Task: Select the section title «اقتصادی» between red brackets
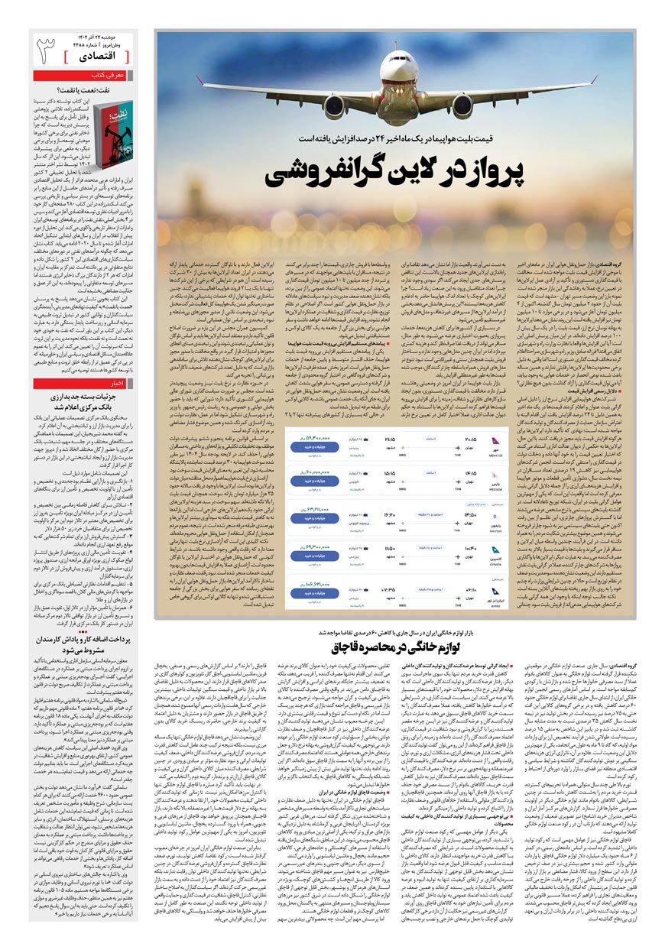[99, 57]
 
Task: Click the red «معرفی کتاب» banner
[83, 76]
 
